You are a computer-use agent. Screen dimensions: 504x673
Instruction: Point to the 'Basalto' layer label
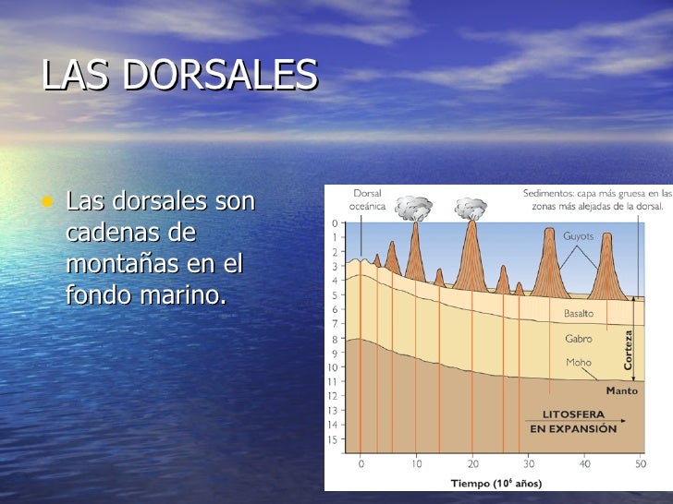pyautogui.click(x=579, y=314)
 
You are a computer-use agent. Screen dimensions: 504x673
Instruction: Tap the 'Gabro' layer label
pyautogui.click(x=579, y=339)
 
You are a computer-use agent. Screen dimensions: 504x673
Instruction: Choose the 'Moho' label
pyautogui.click(x=579, y=363)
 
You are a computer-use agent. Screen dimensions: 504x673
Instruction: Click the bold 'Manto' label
pyautogui.click(x=621, y=390)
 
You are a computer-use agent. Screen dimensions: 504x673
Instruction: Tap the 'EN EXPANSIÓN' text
pyautogui.click(x=571, y=429)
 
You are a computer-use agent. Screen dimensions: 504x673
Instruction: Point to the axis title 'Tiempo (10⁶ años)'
pyautogui.click(x=496, y=483)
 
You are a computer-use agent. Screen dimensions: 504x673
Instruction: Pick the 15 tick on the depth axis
pyautogui.click(x=333, y=439)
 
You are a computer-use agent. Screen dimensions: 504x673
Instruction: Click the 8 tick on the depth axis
pyautogui.click(x=335, y=339)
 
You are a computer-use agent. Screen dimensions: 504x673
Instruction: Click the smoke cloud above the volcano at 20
pyautogui.click(x=471, y=208)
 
